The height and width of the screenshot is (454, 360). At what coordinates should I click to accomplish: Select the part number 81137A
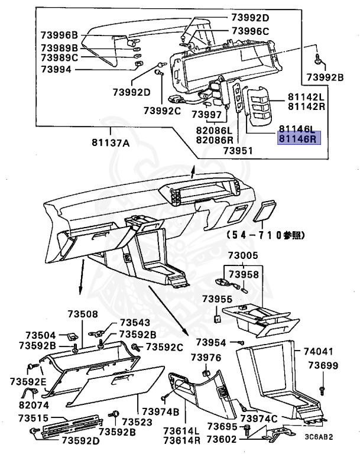[111, 142]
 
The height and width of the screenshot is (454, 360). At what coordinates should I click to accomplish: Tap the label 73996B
[60, 34]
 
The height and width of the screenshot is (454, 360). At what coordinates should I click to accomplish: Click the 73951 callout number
[238, 150]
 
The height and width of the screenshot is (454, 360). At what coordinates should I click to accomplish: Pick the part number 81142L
[307, 97]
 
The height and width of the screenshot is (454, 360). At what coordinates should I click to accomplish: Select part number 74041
[319, 351]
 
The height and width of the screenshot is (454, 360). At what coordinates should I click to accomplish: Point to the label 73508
[83, 314]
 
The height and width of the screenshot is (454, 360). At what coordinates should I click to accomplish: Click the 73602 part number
[223, 439]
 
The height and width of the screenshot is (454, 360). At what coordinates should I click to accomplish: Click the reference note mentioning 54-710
[264, 235]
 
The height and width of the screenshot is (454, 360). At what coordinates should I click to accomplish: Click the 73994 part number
[56, 69]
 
